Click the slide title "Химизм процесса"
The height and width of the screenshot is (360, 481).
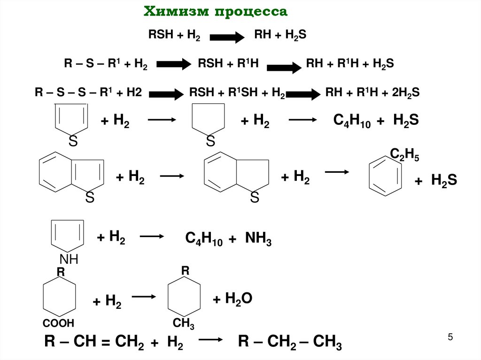(x=215, y=12)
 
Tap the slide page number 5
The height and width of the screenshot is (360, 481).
(x=450, y=337)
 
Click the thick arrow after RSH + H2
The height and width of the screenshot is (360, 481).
(x=227, y=37)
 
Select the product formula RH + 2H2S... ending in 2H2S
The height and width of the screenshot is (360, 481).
(x=372, y=93)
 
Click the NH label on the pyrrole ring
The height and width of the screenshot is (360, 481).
(x=69, y=259)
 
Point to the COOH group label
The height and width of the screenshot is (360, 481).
(x=58, y=323)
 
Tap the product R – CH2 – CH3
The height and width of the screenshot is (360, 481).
(x=290, y=343)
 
